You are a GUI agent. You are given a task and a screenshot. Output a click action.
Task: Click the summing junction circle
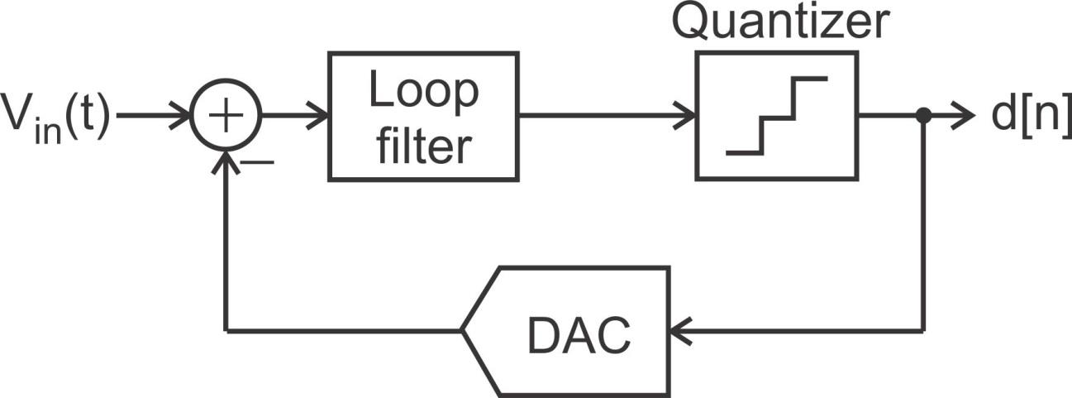pos(226,117)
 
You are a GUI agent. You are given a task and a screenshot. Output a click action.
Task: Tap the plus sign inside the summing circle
pos(226,117)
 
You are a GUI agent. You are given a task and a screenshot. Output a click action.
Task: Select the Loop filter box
pos(423,116)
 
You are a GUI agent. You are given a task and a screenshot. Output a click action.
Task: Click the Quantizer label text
pos(779,22)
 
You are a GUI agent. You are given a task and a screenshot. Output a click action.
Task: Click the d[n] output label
pos(1030,117)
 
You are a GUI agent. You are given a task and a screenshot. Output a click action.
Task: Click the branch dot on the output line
pos(923,117)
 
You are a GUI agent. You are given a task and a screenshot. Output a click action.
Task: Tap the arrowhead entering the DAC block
pos(679,331)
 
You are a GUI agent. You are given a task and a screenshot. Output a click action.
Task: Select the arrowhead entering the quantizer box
pos(685,117)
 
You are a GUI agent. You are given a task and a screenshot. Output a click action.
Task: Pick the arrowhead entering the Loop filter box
pos(318,117)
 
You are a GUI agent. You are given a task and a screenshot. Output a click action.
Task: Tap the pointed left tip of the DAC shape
pos(464,331)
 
